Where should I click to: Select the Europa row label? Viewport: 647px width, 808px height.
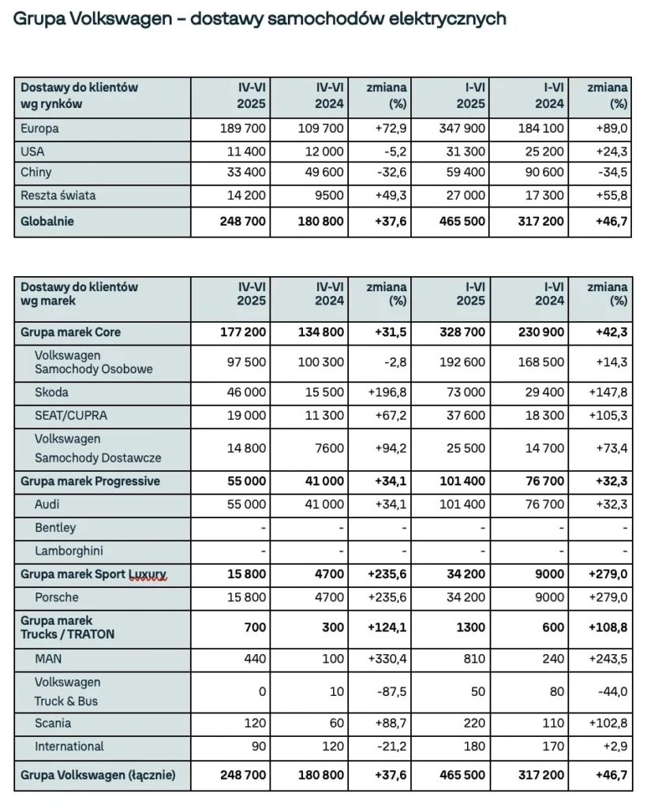(x=40, y=129)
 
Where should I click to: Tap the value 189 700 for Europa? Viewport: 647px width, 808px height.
(x=243, y=129)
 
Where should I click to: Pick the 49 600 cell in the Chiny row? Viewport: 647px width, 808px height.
(x=322, y=173)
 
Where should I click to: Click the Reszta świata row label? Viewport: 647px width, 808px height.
(x=58, y=195)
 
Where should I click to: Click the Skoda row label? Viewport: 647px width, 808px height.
(x=52, y=392)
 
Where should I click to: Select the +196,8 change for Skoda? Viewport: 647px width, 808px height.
(x=387, y=392)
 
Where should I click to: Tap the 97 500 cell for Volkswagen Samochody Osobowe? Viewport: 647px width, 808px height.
(x=246, y=361)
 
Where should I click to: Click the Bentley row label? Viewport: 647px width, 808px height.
(x=55, y=527)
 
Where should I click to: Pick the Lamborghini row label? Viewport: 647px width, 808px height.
(x=69, y=551)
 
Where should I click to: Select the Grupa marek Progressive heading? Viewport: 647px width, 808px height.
(x=91, y=481)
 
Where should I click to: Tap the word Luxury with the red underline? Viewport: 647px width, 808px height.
(x=148, y=574)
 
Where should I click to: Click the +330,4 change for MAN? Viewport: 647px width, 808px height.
(x=387, y=657)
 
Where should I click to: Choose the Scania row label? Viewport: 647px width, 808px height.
(x=53, y=723)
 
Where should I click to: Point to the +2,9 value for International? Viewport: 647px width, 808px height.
(x=617, y=746)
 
